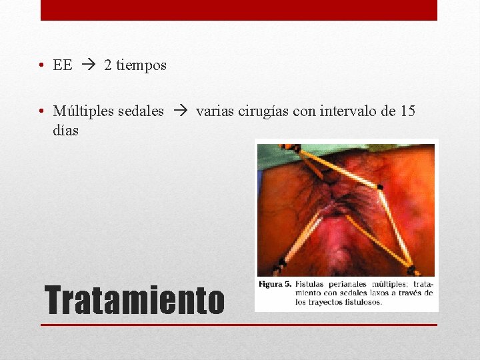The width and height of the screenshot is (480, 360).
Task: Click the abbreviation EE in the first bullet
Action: point(63,65)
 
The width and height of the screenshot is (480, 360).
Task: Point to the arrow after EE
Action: point(88,65)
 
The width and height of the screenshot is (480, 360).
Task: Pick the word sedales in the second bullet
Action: point(141,111)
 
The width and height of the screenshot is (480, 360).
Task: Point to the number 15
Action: point(407,111)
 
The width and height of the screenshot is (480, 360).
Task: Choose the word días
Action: point(65,131)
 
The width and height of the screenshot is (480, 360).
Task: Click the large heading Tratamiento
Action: point(134,300)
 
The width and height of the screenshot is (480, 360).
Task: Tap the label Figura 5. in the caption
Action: point(275,285)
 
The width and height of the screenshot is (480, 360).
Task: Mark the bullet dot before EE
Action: point(41,65)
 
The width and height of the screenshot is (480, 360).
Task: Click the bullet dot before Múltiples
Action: point(41,111)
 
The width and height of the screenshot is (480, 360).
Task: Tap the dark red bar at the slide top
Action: point(239,10)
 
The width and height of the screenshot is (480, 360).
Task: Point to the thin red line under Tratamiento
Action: point(239,325)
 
